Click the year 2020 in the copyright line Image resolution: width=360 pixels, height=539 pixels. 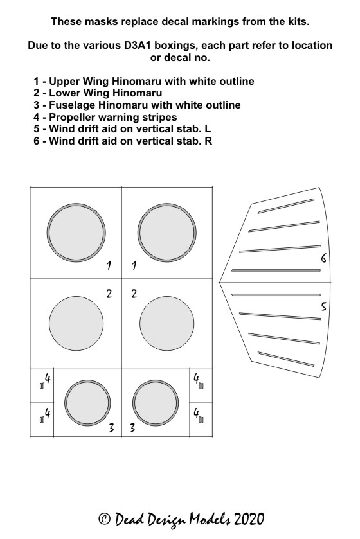tap(249, 518)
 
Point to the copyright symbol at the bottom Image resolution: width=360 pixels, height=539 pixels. tap(105, 518)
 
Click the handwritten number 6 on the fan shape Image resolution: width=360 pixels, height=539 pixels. tap(323, 258)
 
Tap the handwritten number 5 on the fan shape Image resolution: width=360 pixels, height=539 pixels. tap(323, 306)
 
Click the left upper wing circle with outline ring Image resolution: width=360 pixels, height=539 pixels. tap(76, 233)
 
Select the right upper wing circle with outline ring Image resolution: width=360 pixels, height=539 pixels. tap(167, 233)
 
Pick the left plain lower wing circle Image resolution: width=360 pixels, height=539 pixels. tap(76, 324)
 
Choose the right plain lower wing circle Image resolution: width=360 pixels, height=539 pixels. tap(166, 324)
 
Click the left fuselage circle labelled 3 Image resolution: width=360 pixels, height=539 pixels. tap(87, 403)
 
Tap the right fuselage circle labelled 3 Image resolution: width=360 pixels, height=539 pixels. tap(156, 403)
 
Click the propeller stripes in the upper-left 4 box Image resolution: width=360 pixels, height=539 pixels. tap(42, 386)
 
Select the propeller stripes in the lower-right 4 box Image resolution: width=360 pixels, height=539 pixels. tap(201, 420)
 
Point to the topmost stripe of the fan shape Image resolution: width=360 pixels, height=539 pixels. tap(286, 206)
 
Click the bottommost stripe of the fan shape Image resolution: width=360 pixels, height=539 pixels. tap(286, 359)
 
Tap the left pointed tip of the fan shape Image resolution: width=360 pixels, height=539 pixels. tap(219, 283)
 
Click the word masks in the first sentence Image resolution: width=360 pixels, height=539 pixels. tap(97, 22)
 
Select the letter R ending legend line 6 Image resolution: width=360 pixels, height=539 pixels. tap(208, 141)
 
